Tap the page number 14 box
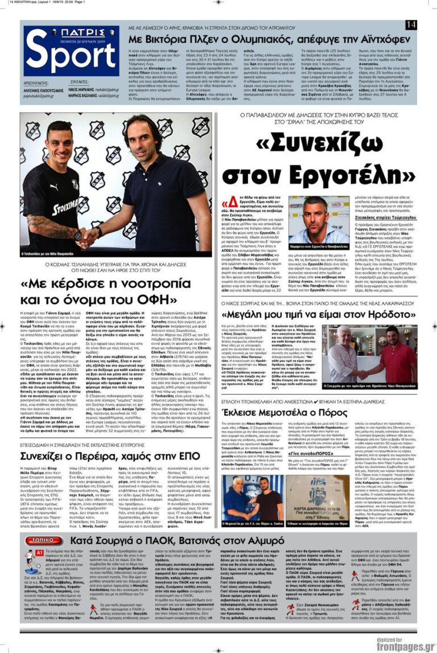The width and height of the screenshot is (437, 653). pos(411,24)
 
